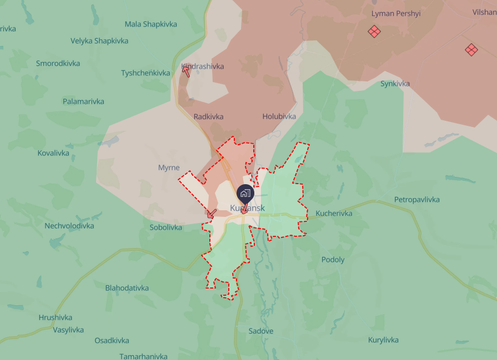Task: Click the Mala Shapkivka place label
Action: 150,24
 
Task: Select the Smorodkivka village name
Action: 58,63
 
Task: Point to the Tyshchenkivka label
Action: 146,73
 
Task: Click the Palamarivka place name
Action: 83,101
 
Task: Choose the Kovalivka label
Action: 53,153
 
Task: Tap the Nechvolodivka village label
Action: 69,226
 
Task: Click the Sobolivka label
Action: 166,227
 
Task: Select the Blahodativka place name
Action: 126,288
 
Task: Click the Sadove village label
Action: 261,330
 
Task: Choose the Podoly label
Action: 333,260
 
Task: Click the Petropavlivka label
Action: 417,200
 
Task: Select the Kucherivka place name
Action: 334,213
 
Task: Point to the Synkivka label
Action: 395,84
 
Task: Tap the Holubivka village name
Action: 279,117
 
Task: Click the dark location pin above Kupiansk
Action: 245,193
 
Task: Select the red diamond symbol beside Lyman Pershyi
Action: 375,32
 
